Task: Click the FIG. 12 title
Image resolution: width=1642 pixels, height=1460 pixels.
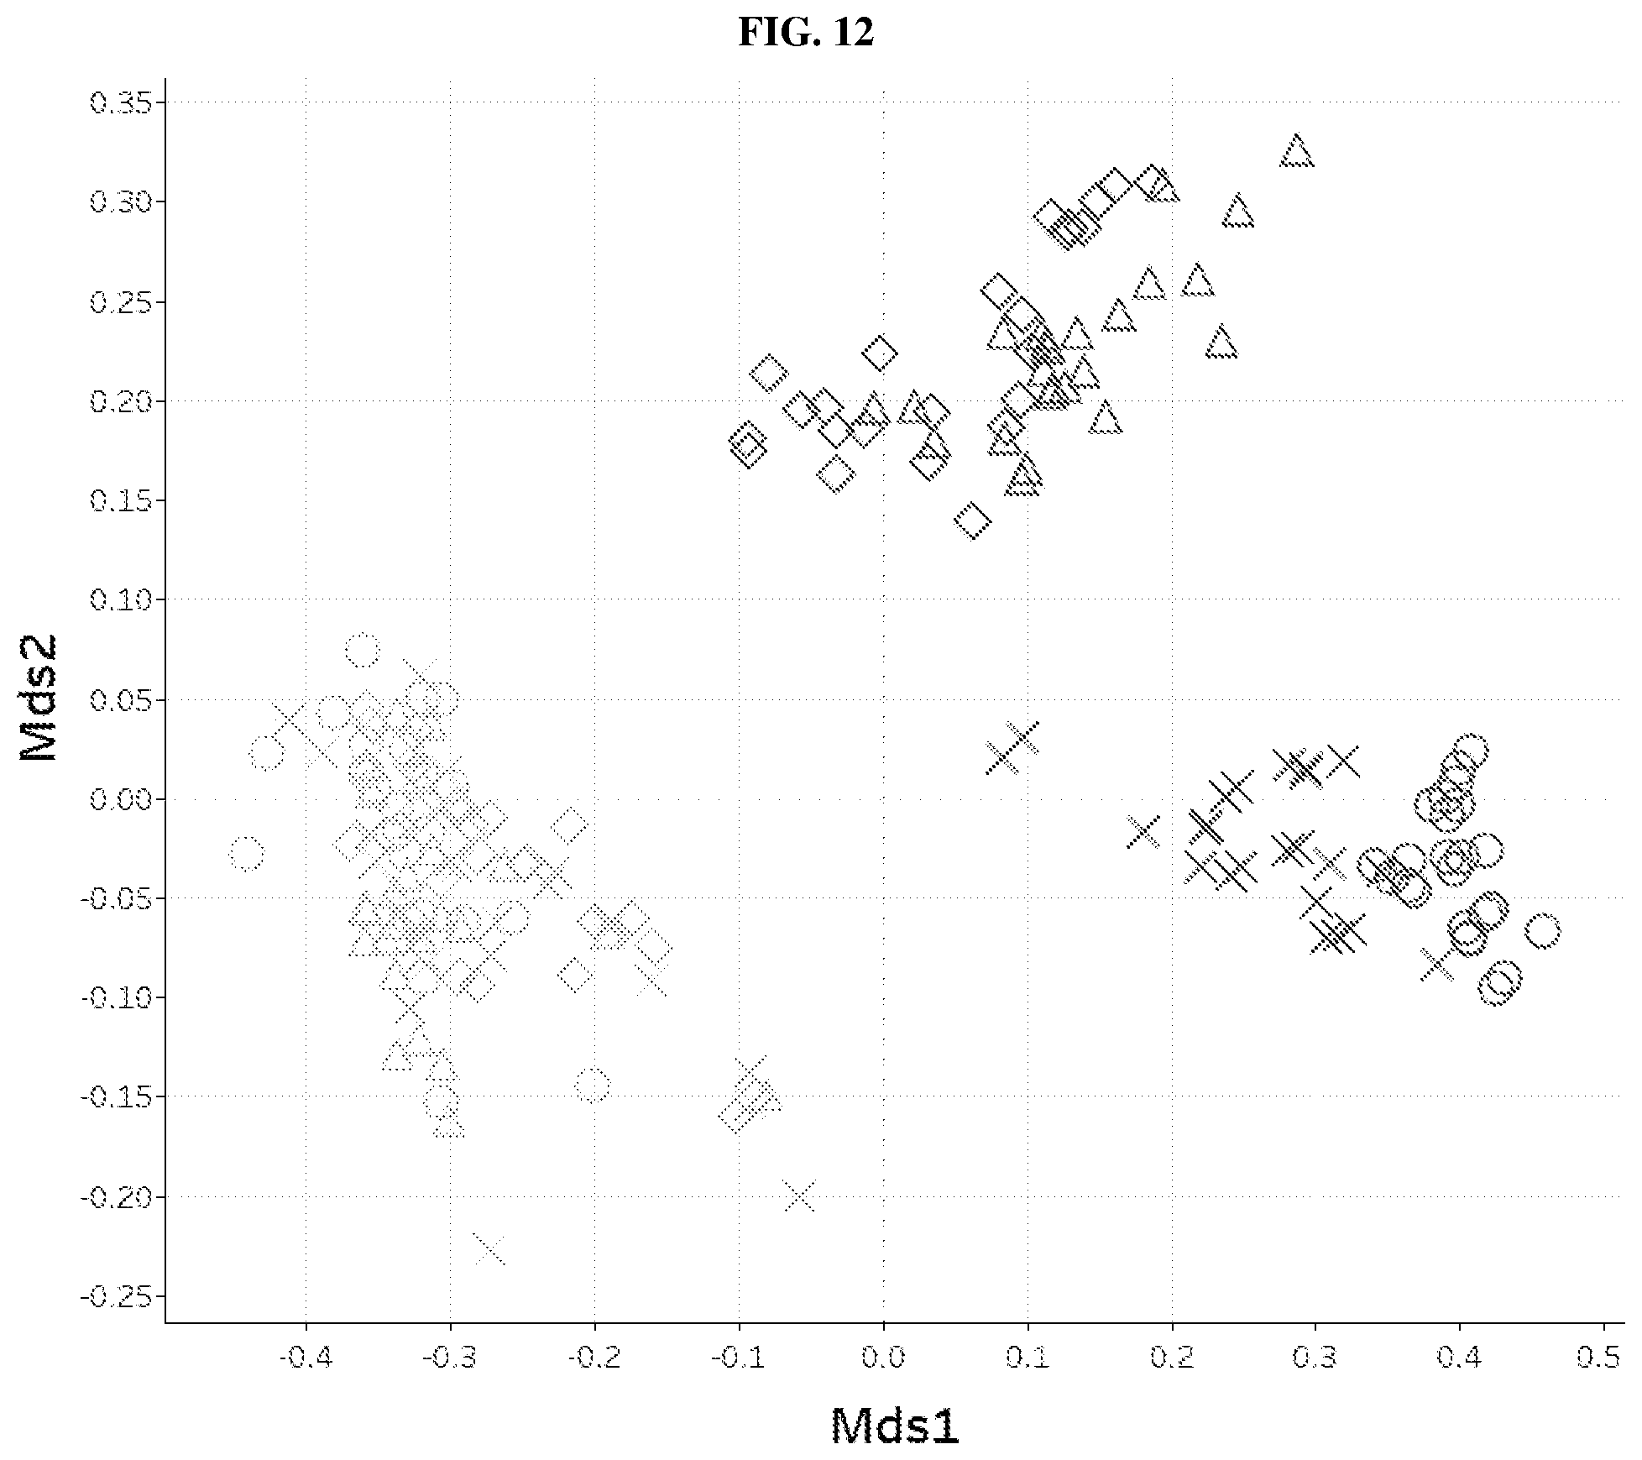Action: pyautogui.click(x=806, y=33)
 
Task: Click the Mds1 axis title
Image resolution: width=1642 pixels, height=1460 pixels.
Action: pyautogui.click(x=895, y=1426)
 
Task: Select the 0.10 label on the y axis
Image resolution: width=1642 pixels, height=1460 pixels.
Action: pyautogui.click(x=123, y=600)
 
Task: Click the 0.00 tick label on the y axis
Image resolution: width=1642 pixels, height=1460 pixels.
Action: pyautogui.click(x=123, y=799)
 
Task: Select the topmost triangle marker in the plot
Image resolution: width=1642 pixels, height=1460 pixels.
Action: pyautogui.click(x=1297, y=150)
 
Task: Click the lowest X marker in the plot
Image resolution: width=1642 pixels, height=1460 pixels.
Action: pyautogui.click(x=489, y=1248)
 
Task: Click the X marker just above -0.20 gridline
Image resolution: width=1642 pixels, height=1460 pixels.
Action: pyautogui.click(x=799, y=1196)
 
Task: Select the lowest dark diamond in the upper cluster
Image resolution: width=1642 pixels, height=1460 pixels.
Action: pyautogui.click(x=973, y=521)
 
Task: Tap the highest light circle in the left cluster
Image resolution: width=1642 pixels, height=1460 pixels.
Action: pyautogui.click(x=363, y=650)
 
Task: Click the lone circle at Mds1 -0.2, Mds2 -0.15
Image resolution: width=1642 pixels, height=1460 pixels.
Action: pyautogui.click(x=592, y=1085)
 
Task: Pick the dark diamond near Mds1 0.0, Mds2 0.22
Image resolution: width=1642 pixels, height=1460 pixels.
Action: pyautogui.click(x=880, y=353)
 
